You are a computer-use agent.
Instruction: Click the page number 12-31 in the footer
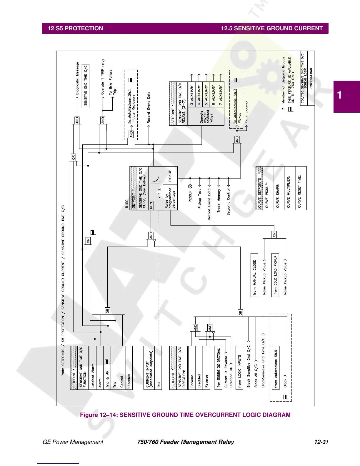point(321,442)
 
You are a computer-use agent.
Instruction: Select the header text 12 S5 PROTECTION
point(75,29)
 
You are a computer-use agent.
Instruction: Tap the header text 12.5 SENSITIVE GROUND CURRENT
point(272,29)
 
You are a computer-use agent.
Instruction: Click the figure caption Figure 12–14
point(185,415)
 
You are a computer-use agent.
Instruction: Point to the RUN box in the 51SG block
point(151,205)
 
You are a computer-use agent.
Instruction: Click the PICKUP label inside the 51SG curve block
point(170,176)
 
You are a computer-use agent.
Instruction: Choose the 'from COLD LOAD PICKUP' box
point(275,275)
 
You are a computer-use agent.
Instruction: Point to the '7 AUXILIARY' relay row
point(221,95)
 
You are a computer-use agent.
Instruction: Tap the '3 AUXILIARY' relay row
point(192,95)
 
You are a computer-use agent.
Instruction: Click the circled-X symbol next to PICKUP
point(190,187)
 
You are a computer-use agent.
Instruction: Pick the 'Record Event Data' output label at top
point(149,107)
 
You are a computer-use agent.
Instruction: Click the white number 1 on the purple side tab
point(340,95)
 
